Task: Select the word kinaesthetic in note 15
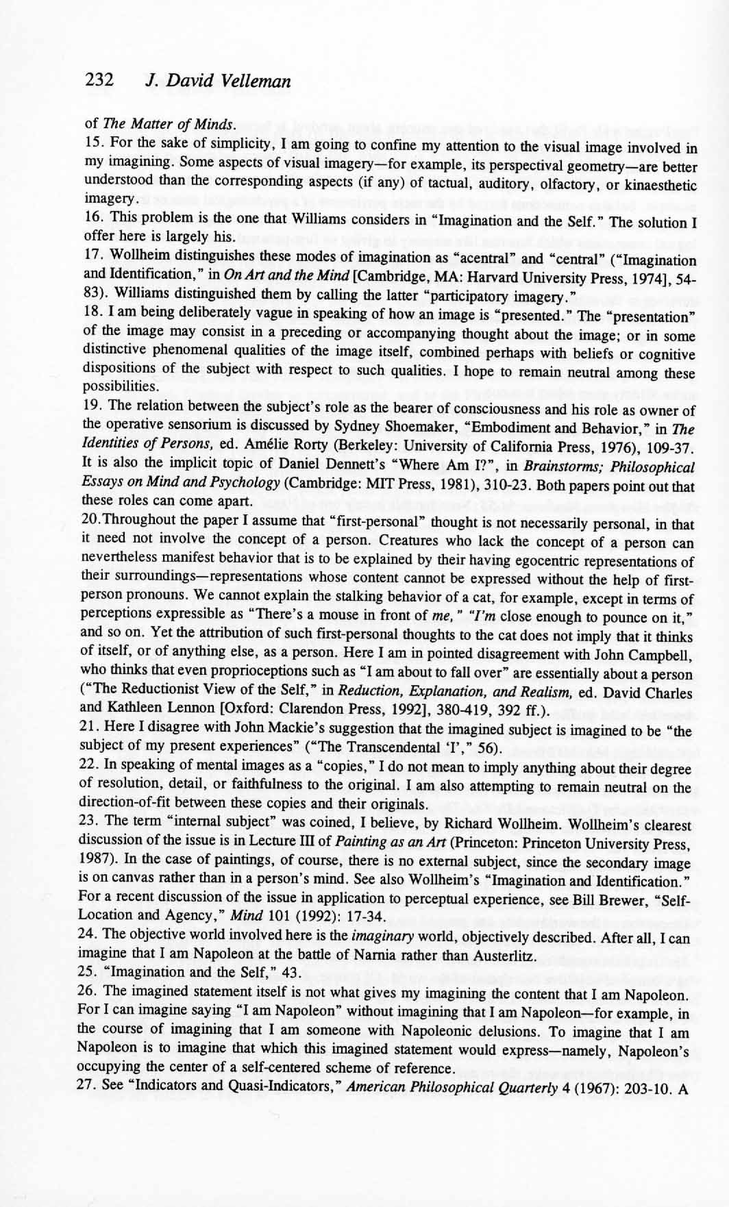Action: [x=656, y=184]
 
